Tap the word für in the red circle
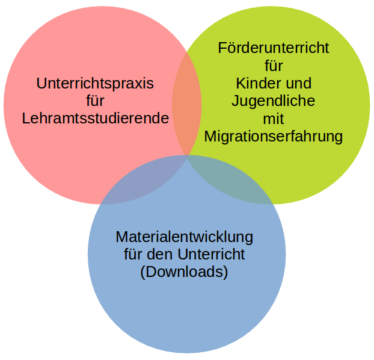pos(95,101)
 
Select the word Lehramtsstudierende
pos(96,118)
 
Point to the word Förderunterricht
pos(274,48)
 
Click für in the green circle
pos(274,66)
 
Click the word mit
pos(274,119)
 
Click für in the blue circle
pos(133,254)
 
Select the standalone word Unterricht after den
pos(211,254)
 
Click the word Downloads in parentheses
pos(184,272)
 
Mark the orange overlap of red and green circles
pos(187,104)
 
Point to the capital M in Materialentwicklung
pos(121,237)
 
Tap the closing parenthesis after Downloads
pos(225,273)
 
